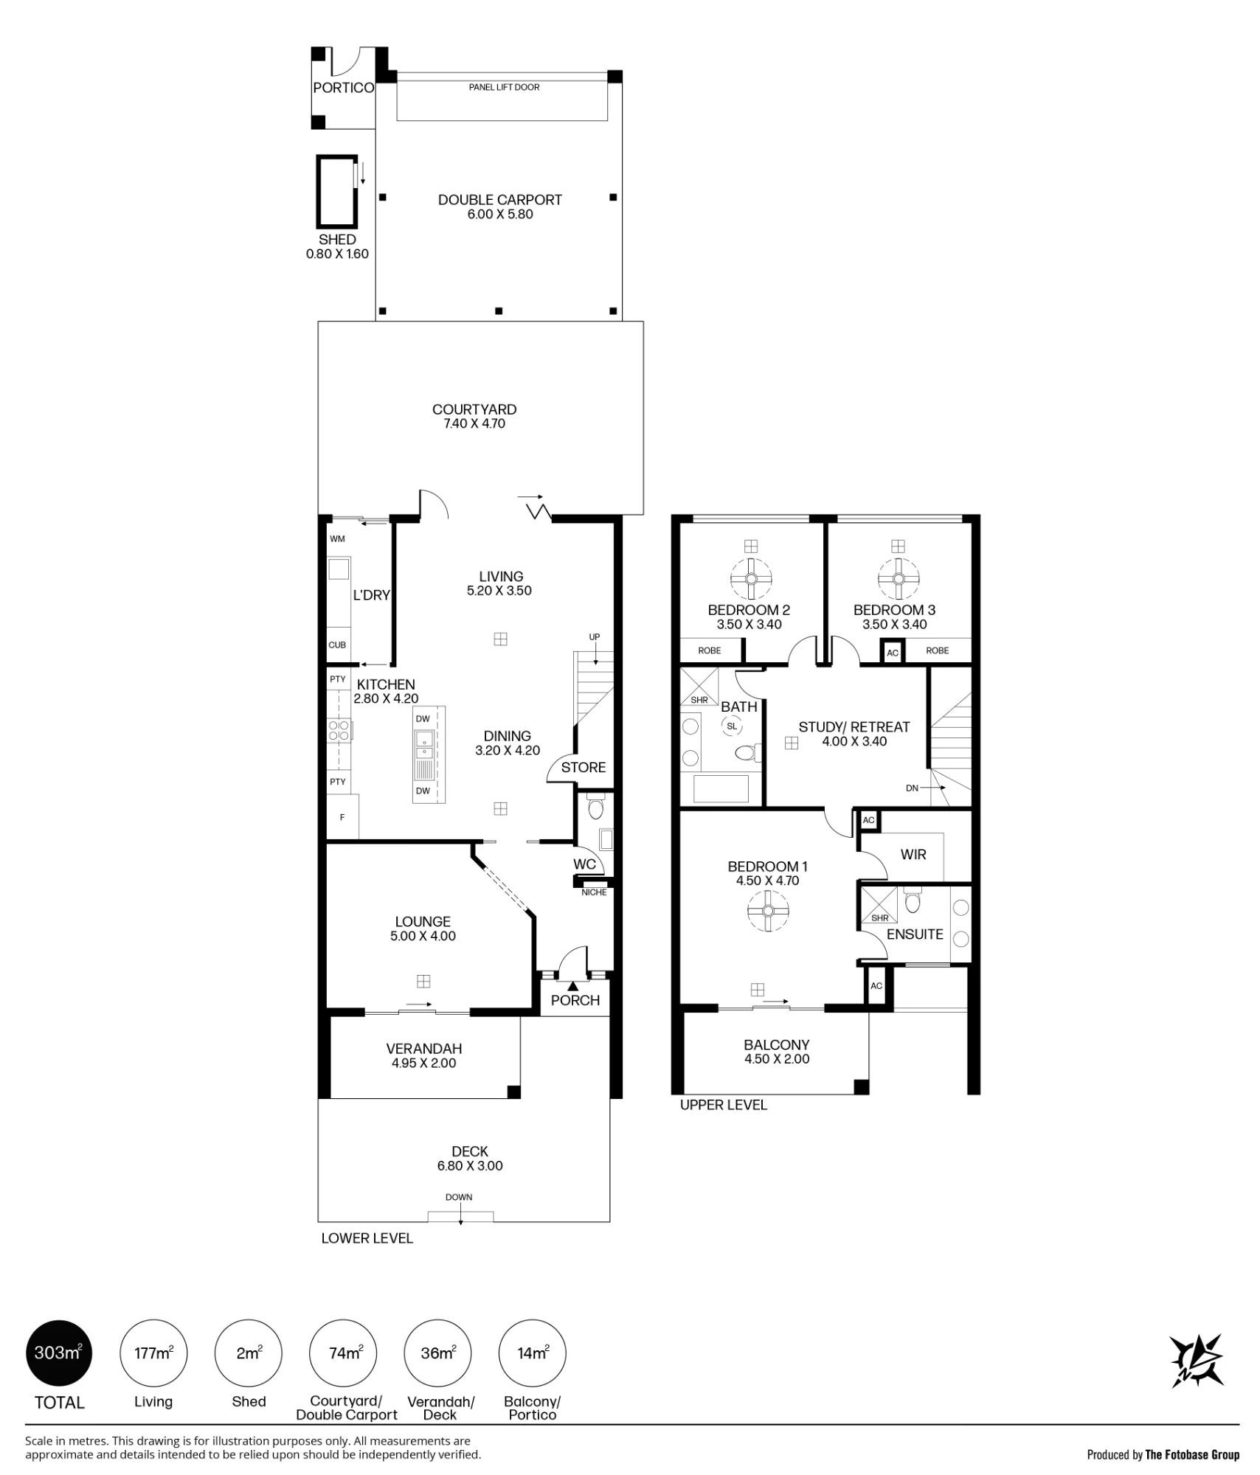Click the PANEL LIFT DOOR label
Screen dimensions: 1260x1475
504,87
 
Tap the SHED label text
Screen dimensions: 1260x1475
337,240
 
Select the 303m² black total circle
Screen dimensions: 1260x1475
59,1353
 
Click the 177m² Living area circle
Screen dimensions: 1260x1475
153,1353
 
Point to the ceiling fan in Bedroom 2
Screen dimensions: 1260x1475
751,579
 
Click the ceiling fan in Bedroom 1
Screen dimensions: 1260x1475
767,911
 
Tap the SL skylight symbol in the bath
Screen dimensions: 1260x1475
732,726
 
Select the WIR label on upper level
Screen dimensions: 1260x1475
913,855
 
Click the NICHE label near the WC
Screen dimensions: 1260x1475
594,892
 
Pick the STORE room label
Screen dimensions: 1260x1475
584,768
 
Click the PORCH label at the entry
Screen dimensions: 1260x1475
575,1001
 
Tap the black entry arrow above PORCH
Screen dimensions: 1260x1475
573,986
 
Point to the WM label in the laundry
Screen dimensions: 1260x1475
337,539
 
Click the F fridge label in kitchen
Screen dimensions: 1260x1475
342,817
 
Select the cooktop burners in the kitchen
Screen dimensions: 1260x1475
339,731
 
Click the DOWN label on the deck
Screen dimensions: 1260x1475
459,1197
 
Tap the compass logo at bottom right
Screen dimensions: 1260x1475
1196,1361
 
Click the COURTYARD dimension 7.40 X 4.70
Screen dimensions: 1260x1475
474,424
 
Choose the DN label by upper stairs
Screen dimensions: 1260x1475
913,788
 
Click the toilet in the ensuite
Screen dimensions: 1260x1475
913,901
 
